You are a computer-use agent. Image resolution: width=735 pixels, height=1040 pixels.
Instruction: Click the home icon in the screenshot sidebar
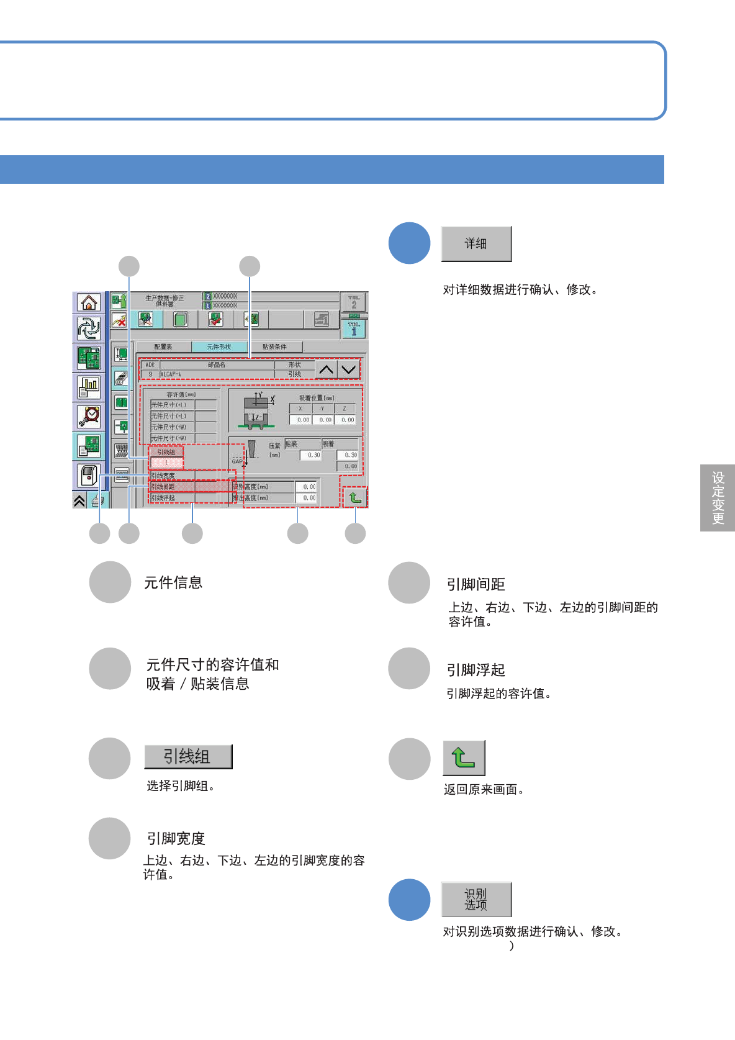(x=89, y=302)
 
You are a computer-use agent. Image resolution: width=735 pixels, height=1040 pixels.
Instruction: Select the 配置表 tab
(x=163, y=347)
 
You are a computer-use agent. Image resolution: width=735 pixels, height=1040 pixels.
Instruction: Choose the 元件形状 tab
(x=219, y=347)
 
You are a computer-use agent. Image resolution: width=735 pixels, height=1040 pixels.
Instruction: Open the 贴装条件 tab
(x=274, y=347)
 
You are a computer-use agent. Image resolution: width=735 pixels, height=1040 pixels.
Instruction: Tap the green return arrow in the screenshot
(x=355, y=497)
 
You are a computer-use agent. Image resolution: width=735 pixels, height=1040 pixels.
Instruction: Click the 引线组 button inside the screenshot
(x=166, y=453)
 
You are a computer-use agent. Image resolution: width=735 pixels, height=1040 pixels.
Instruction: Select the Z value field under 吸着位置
(x=345, y=420)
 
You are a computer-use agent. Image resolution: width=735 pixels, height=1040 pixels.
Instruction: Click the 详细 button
(x=476, y=244)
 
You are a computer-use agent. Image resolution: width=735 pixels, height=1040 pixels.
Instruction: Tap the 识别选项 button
(x=476, y=899)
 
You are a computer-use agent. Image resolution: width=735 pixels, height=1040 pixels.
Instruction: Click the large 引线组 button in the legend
(x=188, y=756)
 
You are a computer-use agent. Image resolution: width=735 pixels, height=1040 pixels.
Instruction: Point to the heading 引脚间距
(x=476, y=584)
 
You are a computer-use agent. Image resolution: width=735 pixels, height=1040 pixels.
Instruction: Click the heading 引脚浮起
(x=476, y=670)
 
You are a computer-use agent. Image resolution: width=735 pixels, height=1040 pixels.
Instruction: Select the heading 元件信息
(x=173, y=582)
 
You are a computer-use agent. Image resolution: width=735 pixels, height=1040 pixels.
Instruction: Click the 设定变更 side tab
(x=718, y=498)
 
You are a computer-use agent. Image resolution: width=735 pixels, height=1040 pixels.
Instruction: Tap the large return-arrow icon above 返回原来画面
(x=464, y=758)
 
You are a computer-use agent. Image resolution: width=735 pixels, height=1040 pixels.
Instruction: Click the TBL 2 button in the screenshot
(x=354, y=302)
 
